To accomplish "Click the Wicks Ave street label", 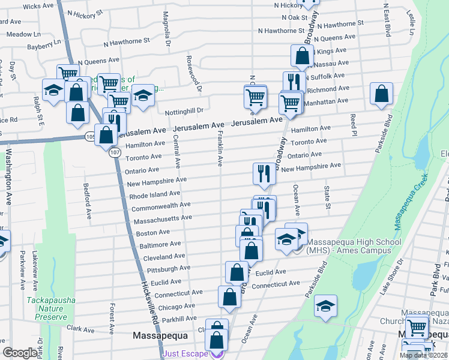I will [x=40, y=6].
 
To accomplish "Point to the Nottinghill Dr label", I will [x=184, y=110].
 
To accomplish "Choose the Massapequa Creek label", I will [x=411, y=200].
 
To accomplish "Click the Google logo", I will [x=20, y=353].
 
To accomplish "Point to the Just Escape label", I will [x=186, y=354].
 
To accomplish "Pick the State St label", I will [x=328, y=198].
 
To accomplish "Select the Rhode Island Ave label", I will [x=155, y=195].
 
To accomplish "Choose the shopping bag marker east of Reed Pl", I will [x=381, y=94].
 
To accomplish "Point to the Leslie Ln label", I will [x=411, y=21].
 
